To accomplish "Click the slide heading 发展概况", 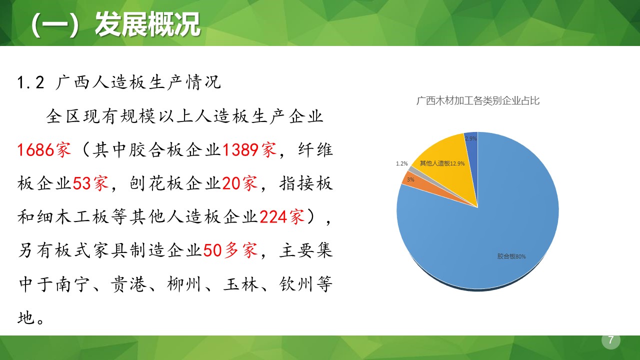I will click(x=147, y=24).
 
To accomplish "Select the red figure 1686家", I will click(x=44, y=150).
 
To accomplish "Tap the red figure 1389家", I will click(x=249, y=150).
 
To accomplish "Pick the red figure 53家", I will click(x=90, y=183).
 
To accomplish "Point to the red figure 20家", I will click(x=239, y=183).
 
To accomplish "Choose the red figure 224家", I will click(x=282, y=216).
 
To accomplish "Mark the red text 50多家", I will click(x=230, y=250).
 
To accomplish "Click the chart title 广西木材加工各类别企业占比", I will click(x=478, y=100).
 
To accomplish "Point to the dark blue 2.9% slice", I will click(x=471, y=145).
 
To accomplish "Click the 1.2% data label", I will click(x=402, y=163).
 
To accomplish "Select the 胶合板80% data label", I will click(x=511, y=256).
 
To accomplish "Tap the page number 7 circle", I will click(x=610, y=340).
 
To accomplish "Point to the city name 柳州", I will click(x=183, y=283).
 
